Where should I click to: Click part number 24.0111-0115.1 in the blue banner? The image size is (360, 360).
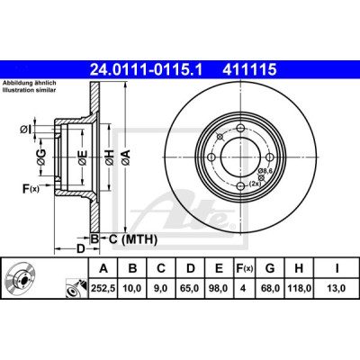pyautogui.click(x=147, y=69)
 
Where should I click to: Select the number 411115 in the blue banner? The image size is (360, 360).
pyautogui.click(x=249, y=69)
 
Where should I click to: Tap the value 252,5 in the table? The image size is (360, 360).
pyautogui.click(x=103, y=288)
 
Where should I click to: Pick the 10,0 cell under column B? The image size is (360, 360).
pyautogui.click(x=132, y=288)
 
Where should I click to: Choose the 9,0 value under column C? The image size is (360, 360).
pyautogui.click(x=161, y=288)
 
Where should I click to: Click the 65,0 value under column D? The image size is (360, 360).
pyautogui.click(x=191, y=288)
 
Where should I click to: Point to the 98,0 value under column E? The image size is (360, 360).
pyautogui.click(x=219, y=288)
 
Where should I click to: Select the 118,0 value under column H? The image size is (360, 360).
pyautogui.click(x=299, y=288)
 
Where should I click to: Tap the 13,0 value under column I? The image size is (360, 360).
pyautogui.click(x=337, y=288)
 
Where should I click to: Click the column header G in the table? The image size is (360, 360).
pyautogui.click(x=270, y=268)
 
